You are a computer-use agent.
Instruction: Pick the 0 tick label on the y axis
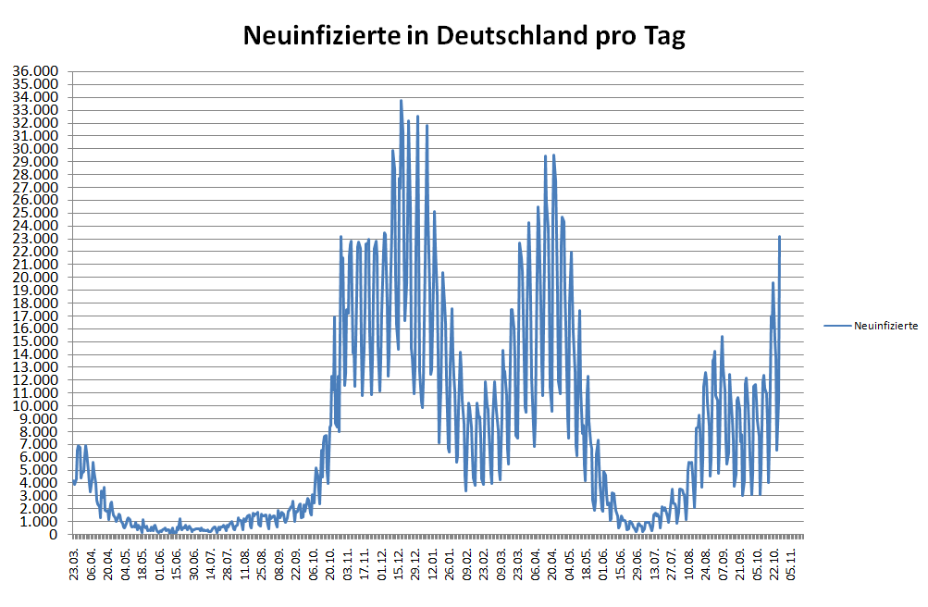55,535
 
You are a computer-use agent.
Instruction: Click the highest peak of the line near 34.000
401,100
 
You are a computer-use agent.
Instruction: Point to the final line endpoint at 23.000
780,237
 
